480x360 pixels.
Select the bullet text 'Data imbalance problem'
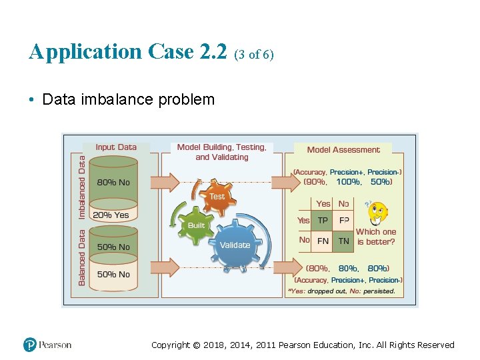pyautogui.click(x=128, y=100)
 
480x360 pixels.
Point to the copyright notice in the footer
pyautogui.click(x=303, y=345)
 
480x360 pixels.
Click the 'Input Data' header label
pyautogui.click(x=116, y=147)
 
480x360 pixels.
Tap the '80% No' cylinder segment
pyautogui.click(x=114, y=182)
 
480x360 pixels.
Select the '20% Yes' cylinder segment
pyautogui.click(x=111, y=215)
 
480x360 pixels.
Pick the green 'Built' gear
pyautogui.click(x=196, y=225)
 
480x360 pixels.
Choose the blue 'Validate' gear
pyautogui.click(x=235, y=245)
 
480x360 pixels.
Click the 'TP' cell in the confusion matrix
pyautogui.click(x=323, y=220)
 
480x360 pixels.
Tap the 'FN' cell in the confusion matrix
pyautogui.click(x=323, y=241)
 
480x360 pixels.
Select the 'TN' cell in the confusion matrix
pyautogui.click(x=343, y=241)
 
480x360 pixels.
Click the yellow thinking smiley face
pyautogui.click(x=377, y=213)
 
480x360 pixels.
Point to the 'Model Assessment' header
pyautogui.click(x=343, y=150)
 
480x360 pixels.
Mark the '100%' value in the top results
pyautogui.click(x=347, y=181)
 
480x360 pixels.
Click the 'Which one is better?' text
pyautogui.click(x=376, y=237)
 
